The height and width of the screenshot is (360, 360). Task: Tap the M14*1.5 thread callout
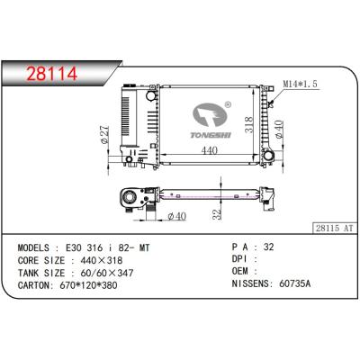301,85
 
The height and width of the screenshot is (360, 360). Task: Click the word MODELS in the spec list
35,246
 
